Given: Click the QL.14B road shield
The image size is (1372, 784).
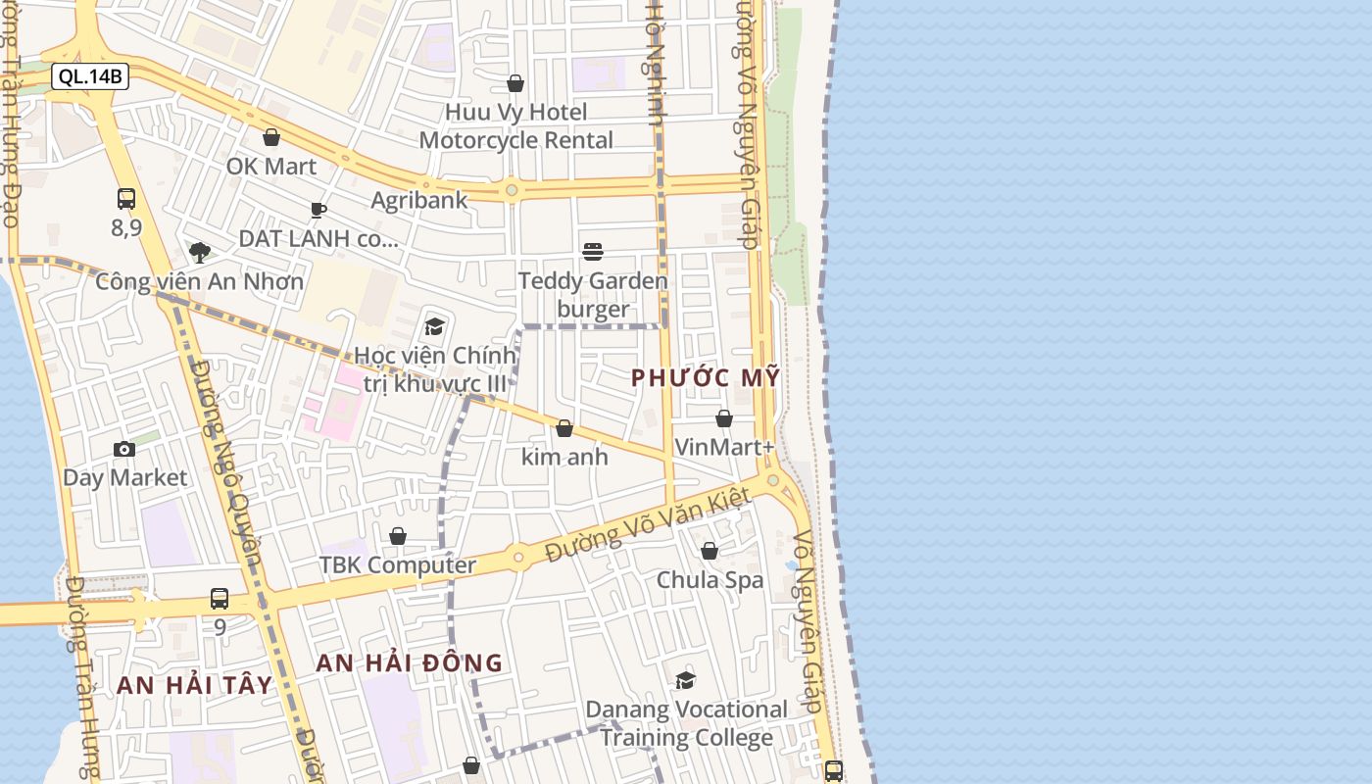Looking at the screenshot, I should (x=90, y=76).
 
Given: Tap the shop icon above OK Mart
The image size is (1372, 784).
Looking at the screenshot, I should (x=271, y=137).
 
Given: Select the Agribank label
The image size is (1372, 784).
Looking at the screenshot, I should (x=418, y=200).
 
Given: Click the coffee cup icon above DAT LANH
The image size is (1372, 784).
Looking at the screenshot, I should (x=318, y=209).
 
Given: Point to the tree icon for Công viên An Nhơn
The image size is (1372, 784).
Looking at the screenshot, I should (x=200, y=253).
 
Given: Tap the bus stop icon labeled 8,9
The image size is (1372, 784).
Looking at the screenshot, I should (x=126, y=199).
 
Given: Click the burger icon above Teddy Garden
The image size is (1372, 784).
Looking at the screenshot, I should (x=593, y=252).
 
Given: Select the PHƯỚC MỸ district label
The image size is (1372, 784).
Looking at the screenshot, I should (x=706, y=377).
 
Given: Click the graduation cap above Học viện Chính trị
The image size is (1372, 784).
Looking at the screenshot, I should (x=434, y=326).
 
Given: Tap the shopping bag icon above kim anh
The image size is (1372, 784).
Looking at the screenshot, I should (x=564, y=428).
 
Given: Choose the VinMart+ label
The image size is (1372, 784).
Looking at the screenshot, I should (x=724, y=447).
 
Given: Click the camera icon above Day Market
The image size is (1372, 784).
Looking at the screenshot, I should (x=124, y=449).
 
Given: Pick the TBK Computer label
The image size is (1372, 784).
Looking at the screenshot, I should (x=397, y=564).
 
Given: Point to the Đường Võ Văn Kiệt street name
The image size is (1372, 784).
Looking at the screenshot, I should (x=648, y=526).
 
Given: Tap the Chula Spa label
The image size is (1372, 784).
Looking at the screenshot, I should (x=710, y=579).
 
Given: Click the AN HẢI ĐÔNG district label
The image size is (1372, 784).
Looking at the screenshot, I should (x=409, y=662).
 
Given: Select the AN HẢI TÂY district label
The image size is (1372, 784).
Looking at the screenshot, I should (x=194, y=685).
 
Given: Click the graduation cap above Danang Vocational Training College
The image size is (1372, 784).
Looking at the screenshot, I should (x=686, y=680).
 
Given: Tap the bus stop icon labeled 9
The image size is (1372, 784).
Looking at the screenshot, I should (x=220, y=598).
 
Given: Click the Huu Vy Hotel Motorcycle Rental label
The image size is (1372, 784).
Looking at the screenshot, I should (x=516, y=125).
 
